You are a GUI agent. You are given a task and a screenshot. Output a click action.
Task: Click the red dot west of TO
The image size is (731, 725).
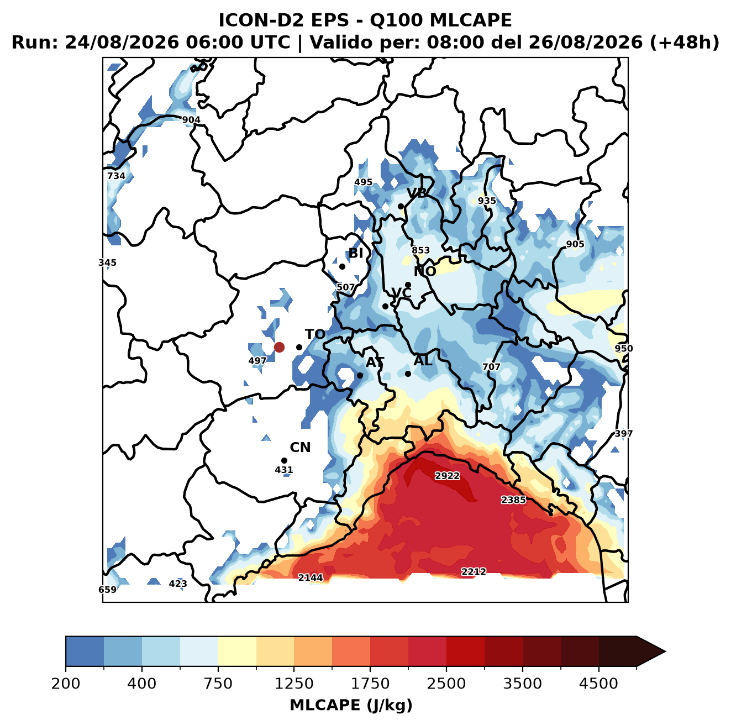(x=279, y=347)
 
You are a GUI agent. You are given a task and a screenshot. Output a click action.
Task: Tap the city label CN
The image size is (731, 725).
(x=300, y=447)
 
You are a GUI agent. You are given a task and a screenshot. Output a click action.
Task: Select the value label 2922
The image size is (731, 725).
(x=447, y=476)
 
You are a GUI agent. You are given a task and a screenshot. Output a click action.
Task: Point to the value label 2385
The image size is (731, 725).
(x=513, y=500)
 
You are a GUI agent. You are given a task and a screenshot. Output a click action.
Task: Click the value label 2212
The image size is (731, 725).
(x=474, y=571)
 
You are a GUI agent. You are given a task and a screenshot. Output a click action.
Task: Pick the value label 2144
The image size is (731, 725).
(x=311, y=577)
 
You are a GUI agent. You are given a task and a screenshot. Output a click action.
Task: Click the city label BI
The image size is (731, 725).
(x=356, y=253)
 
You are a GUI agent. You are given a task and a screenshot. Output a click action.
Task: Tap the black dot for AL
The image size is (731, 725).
(x=408, y=374)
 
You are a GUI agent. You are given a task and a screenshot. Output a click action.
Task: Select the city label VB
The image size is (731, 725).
(x=417, y=193)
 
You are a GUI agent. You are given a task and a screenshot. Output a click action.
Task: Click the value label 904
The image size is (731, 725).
(x=191, y=120)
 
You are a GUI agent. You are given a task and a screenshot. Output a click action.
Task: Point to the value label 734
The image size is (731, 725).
(x=116, y=176)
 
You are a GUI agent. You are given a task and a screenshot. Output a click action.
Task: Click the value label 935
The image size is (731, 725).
(x=487, y=201)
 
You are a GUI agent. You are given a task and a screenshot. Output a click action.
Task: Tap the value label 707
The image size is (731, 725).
(x=491, y=367)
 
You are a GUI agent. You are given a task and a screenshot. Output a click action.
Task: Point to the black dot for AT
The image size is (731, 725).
(x=360, y=375)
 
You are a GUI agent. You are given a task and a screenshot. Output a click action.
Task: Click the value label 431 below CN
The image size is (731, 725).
(x=284, y=470)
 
